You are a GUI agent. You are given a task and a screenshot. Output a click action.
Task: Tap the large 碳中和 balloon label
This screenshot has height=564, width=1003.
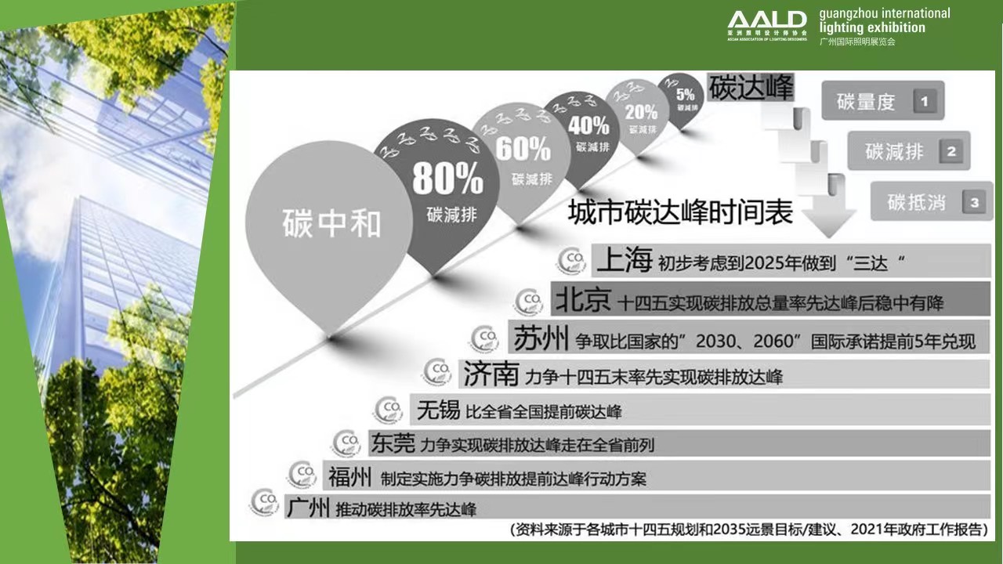click(331, 223)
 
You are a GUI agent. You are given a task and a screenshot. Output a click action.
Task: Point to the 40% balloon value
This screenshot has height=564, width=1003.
click(588, 125)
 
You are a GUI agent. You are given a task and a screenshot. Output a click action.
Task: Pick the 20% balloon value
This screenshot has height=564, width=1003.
click(641, 111)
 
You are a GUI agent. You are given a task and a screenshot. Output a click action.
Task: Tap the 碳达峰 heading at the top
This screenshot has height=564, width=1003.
click(751, 88)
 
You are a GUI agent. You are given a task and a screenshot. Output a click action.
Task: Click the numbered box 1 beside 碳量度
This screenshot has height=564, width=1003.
click(925, 102)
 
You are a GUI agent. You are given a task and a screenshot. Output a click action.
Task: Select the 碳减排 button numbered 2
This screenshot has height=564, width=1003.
click(909, 151)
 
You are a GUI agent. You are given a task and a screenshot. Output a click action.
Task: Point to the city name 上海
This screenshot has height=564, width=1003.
click(624, 260)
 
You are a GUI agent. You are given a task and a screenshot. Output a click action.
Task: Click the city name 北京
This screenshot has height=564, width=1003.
click(583, 300)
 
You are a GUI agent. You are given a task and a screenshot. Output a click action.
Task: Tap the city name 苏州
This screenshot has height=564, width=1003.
click(540, 339)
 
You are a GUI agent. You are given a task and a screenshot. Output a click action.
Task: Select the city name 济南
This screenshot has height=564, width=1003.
click(491, 374)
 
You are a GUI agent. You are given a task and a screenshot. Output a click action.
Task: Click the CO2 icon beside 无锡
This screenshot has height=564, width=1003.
click(388, 409)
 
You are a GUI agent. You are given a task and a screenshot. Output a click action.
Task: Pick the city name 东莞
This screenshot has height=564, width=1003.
click(392, 444)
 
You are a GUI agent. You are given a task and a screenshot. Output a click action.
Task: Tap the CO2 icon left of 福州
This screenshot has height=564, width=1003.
click(302, 473)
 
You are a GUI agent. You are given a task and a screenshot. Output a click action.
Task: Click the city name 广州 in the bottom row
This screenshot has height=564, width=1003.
click(306, 508)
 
